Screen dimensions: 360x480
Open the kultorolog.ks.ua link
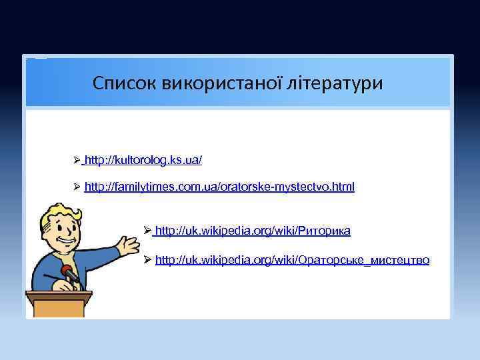144,161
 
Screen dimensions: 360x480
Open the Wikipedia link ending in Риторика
253,231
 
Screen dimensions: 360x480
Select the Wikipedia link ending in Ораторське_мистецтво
292,259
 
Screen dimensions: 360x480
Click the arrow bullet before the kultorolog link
77,161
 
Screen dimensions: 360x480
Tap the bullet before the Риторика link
148,231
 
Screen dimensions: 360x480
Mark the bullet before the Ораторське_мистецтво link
148,259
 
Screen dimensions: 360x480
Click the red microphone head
67,272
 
